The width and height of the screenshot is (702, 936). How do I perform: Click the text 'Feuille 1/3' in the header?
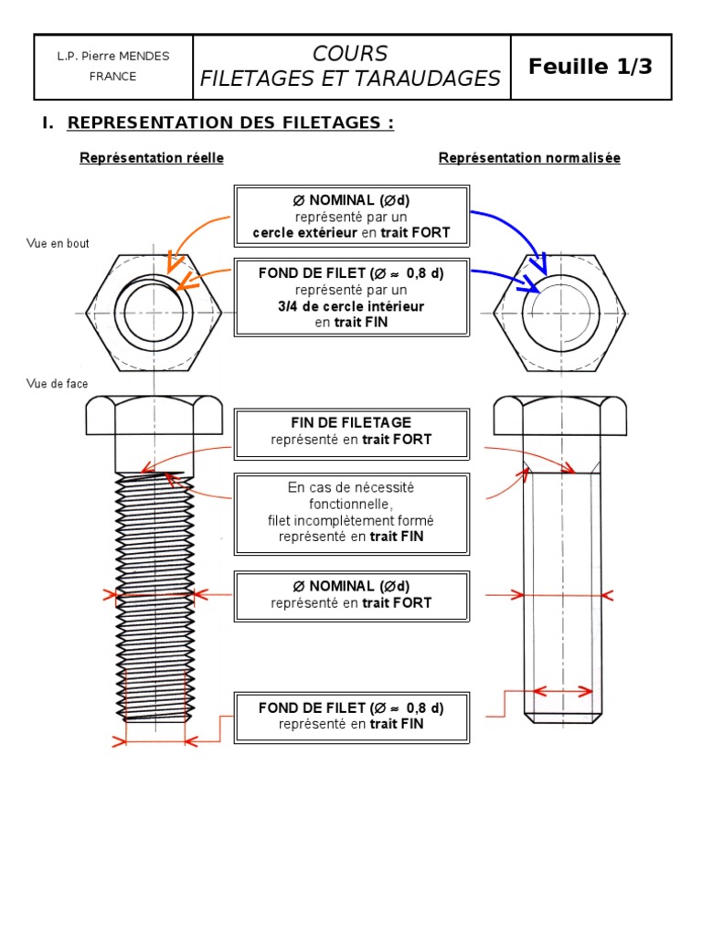click(x=590, y=66)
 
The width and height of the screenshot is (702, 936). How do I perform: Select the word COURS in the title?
click(x=350, y=54)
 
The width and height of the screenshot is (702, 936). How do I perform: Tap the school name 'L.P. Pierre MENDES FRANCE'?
click(x=112, y=66)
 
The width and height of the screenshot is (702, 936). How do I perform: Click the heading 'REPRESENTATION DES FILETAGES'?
click(x=230, y=122)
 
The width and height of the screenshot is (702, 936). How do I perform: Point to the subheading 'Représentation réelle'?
click(x=152, y=158)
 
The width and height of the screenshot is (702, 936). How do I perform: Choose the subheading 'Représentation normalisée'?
click(x=529, y=158)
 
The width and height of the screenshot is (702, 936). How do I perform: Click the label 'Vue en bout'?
click(x=58, y=243)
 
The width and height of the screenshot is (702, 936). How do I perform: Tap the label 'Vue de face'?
click(x=57, y=384)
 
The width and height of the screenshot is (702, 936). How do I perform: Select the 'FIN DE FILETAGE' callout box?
click(x=352, y=434)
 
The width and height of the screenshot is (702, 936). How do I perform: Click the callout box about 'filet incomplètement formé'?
click(x=352, y=514)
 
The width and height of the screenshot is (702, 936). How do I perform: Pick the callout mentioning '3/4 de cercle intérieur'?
click(x=352, y=297)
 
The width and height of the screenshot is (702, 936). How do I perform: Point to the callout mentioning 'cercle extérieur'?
click(x=352, y=216)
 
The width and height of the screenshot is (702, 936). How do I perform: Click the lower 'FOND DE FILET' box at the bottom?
click(x=352, y=718)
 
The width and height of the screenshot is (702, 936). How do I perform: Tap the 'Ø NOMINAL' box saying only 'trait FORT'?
click(x=352, y=596)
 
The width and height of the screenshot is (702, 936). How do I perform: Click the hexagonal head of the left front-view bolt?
click(x=154, y=416)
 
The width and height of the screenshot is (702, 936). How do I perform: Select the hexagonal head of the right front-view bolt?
click(x=560, y=416)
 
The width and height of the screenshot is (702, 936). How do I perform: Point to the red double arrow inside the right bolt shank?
click(x=562, y=692)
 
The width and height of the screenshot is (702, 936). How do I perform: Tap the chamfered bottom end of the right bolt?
click(x=562, y=718)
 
